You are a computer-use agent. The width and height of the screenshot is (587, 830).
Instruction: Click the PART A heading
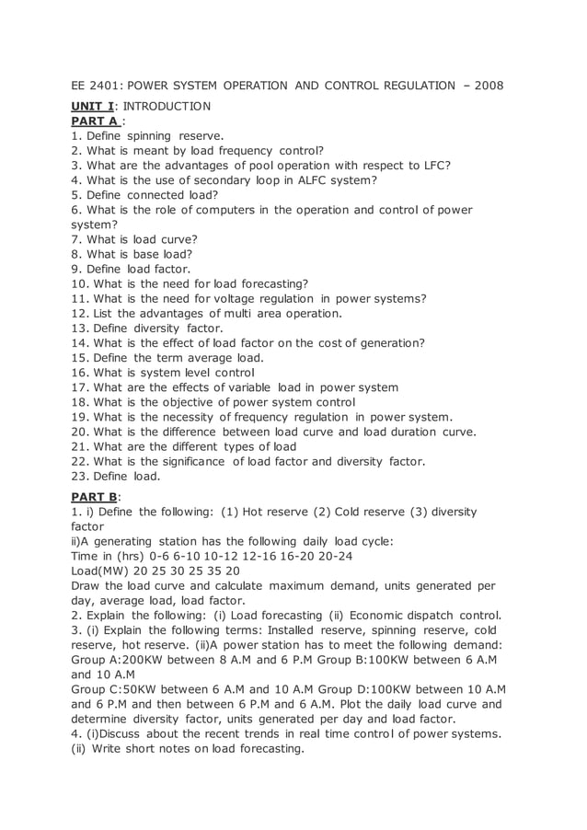pyautogui.click(x=96, y=121)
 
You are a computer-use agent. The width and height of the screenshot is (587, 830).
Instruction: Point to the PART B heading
pyautogui.click(x=96, y=496)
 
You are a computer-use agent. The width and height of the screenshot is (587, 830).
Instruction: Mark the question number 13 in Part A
pyautogui.click(x=78, y=328)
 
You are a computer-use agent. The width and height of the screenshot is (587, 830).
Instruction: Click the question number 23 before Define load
pyautogui.click(x=78, y=476)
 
